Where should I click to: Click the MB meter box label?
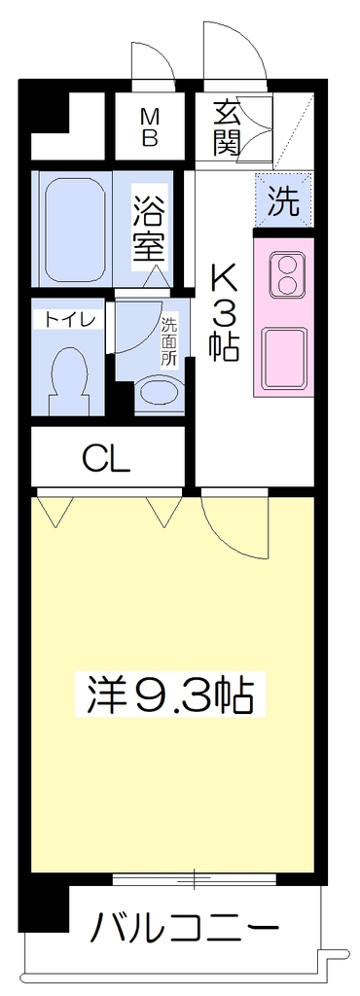coord(149,127)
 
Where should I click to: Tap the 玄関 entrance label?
coord(228,129)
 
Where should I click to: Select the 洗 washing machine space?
coord(283,200)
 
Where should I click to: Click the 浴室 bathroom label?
coord(150,228)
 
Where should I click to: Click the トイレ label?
coord(69,319)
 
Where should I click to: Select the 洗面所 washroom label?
coord(169,341)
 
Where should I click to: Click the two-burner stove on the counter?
coord(287,274)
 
